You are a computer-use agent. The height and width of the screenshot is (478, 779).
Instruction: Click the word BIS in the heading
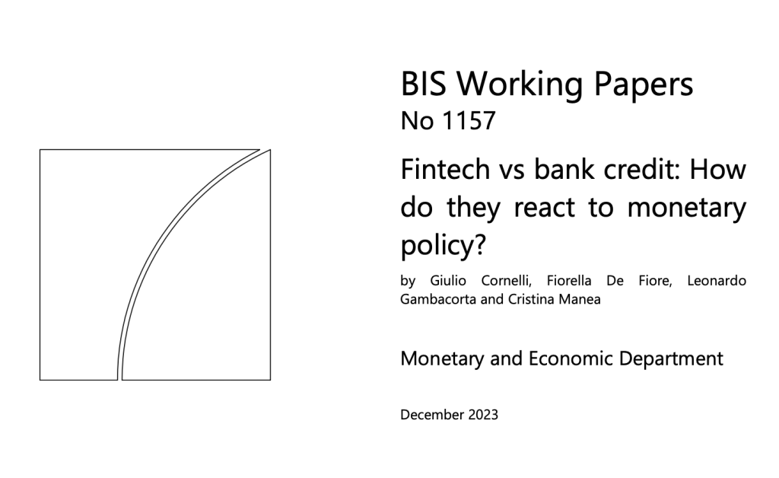click(x=424, y=84)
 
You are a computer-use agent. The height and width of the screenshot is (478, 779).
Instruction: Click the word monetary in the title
click(x=686, y=207)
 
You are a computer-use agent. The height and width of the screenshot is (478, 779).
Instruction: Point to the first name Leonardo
click(x=716, y=282)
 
